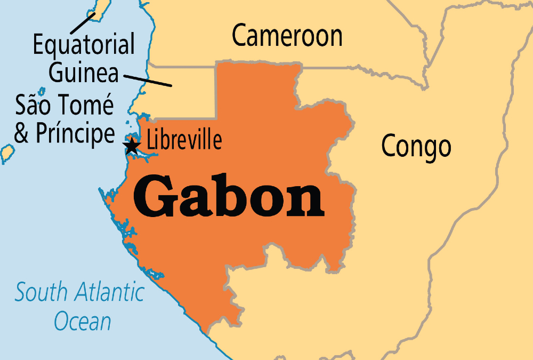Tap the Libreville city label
point(184,141)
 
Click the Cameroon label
point(287,36)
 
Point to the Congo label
point(416,146)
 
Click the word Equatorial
point(84,45)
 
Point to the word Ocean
point(83,322)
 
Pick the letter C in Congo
point(391,146)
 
